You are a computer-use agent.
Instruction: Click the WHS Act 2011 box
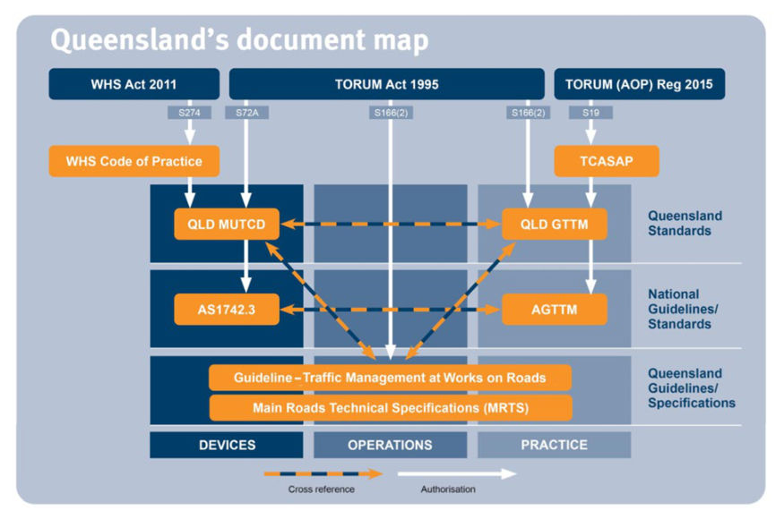[134, 84]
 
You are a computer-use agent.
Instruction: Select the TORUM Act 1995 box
[386, 84]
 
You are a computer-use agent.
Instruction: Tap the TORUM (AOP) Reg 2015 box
[640, 84]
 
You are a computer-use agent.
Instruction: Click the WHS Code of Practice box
[134, 161]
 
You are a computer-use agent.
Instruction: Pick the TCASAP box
[607, 161]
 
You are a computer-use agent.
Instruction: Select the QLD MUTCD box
[227, 224]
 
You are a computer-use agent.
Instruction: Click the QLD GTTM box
[555, 224]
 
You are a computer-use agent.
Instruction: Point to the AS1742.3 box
[227, 310]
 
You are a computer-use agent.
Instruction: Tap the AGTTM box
[555, 310]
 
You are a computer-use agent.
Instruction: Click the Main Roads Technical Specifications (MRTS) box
[391, 408]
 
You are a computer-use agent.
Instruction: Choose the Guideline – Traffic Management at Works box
[390, 377]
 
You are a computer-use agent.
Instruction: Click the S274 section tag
[189, 113]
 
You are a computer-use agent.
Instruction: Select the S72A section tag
[247, 113]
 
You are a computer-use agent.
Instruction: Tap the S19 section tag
[590, 113]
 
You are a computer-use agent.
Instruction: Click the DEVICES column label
[227, 445]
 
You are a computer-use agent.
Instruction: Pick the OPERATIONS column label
[390, 445]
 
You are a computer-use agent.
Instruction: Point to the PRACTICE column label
[554, 445]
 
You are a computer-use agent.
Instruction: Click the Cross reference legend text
[322, 489]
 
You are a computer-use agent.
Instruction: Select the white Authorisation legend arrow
[457, 473]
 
